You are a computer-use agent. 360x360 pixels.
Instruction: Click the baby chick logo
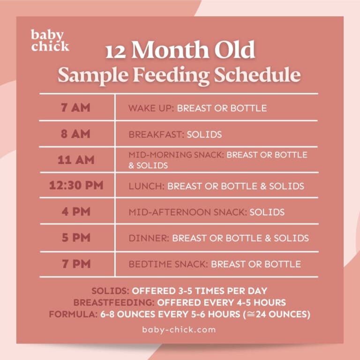[50, 41]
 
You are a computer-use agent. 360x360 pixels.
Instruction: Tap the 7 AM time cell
[75, 107]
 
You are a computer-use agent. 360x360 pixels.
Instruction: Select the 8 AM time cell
[75, 134]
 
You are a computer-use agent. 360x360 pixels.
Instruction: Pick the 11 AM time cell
[75, 160]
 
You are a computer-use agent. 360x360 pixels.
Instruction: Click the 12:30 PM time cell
[75, 186]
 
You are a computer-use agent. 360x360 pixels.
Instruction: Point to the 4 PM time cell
[75, 211]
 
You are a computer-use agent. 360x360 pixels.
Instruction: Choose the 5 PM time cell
[75, 238]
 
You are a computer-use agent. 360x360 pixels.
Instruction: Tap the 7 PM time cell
[75, 263]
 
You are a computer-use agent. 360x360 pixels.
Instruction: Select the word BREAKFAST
[157, 135]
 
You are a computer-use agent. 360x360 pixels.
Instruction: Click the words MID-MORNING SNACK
[177, 155]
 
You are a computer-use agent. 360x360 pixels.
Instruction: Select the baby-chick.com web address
[179, 330]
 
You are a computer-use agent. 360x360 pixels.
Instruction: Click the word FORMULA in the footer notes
[73, 315]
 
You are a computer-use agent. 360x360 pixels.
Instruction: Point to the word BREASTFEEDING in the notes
[113, 303]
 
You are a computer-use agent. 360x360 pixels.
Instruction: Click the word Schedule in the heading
[262, 75]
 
